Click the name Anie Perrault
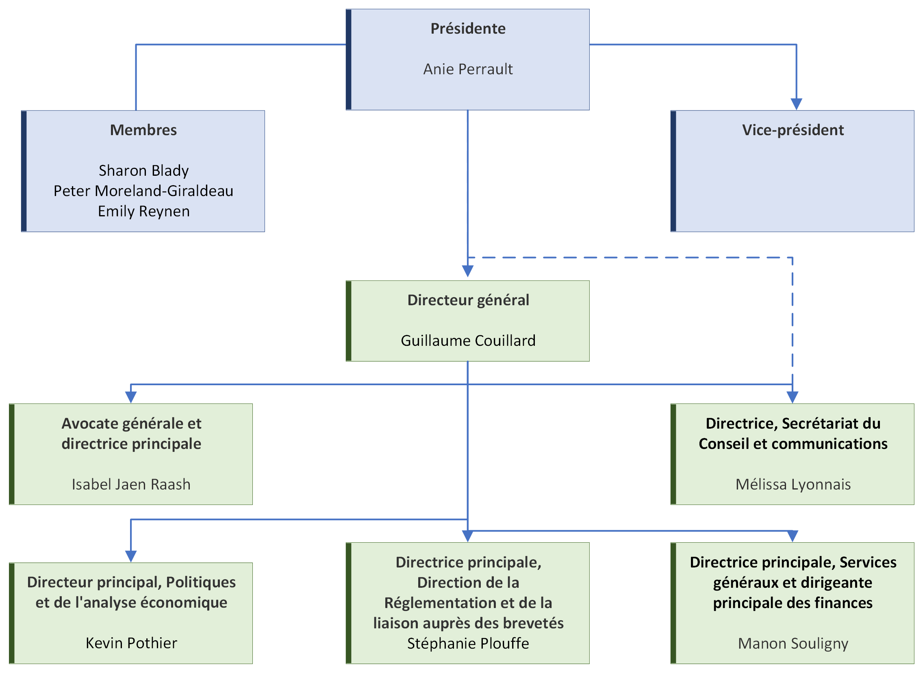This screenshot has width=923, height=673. [x=468, y=69]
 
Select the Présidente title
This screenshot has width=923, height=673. [x=468, y=28]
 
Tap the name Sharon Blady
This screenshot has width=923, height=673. [x=143, y=171]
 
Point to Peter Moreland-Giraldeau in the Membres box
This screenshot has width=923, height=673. [x=143, y=191]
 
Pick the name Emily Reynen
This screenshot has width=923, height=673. [x=143, y=211]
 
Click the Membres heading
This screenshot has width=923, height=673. [x=143, y=130]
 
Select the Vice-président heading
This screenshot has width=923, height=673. [x=793, y=130]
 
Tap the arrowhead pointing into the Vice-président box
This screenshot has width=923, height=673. [x=796, y=104]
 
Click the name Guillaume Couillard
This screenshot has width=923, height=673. [x=468, y=341]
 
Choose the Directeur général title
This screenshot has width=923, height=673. [x=468, y=300]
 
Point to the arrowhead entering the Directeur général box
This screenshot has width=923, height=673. [x=467, y=271]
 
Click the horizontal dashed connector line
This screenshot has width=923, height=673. [x=628, y=257]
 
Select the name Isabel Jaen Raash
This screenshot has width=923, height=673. [x=131, y=484]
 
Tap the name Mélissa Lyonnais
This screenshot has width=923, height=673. [x=793, y=484]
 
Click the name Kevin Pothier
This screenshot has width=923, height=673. [x=131, y=643]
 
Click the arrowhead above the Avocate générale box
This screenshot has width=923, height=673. [x=130, y=397]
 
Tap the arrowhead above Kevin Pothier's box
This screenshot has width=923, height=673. [x=130, y=557]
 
